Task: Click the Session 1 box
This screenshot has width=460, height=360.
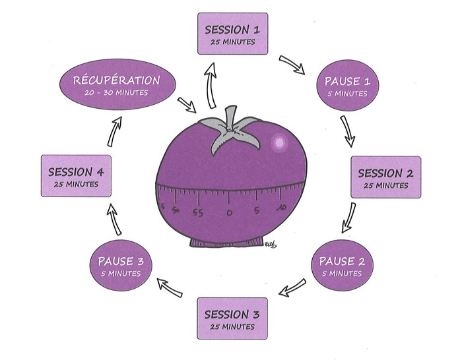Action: [x=233, y=34]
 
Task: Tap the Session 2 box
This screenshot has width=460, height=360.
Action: [x=385, y=177]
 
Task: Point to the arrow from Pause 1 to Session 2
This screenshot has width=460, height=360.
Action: [x=348, y=131]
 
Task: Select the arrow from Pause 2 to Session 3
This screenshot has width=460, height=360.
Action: [x=291, y=287]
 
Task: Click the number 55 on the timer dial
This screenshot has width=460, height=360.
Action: [x=197, y=212]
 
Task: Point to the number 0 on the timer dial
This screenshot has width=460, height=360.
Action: [x=229, y=213]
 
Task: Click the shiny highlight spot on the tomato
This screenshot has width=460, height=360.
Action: [x=279, y=142]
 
